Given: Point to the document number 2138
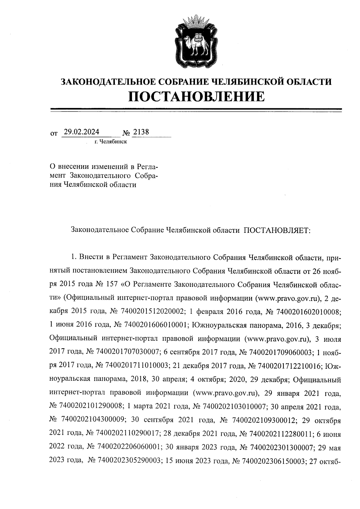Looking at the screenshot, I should point(141,132).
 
